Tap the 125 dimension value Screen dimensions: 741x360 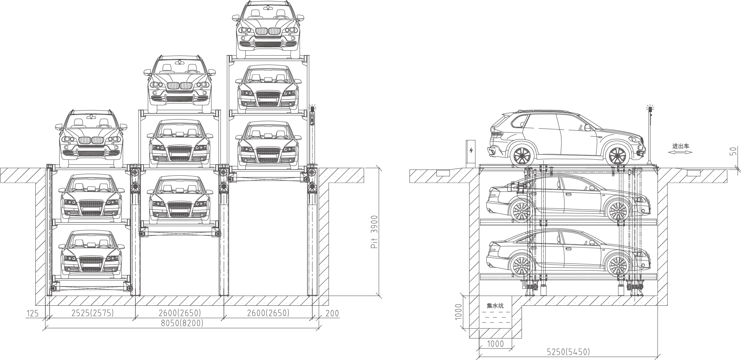[x=33, y=313]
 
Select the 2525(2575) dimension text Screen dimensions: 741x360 [x=92, y=313]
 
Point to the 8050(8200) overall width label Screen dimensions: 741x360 [x=182, y=323]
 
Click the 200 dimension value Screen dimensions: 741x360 [x=332, y=313]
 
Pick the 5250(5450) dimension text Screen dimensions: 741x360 [x=568, y=351]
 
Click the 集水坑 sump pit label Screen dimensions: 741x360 [x=495, y=306]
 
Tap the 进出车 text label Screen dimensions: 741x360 [x=680, y=146]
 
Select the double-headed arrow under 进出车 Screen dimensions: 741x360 [x=680, y=152]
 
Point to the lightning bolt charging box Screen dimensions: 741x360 [x=471, y=151]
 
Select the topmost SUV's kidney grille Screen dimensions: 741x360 [x=268, y=32]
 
